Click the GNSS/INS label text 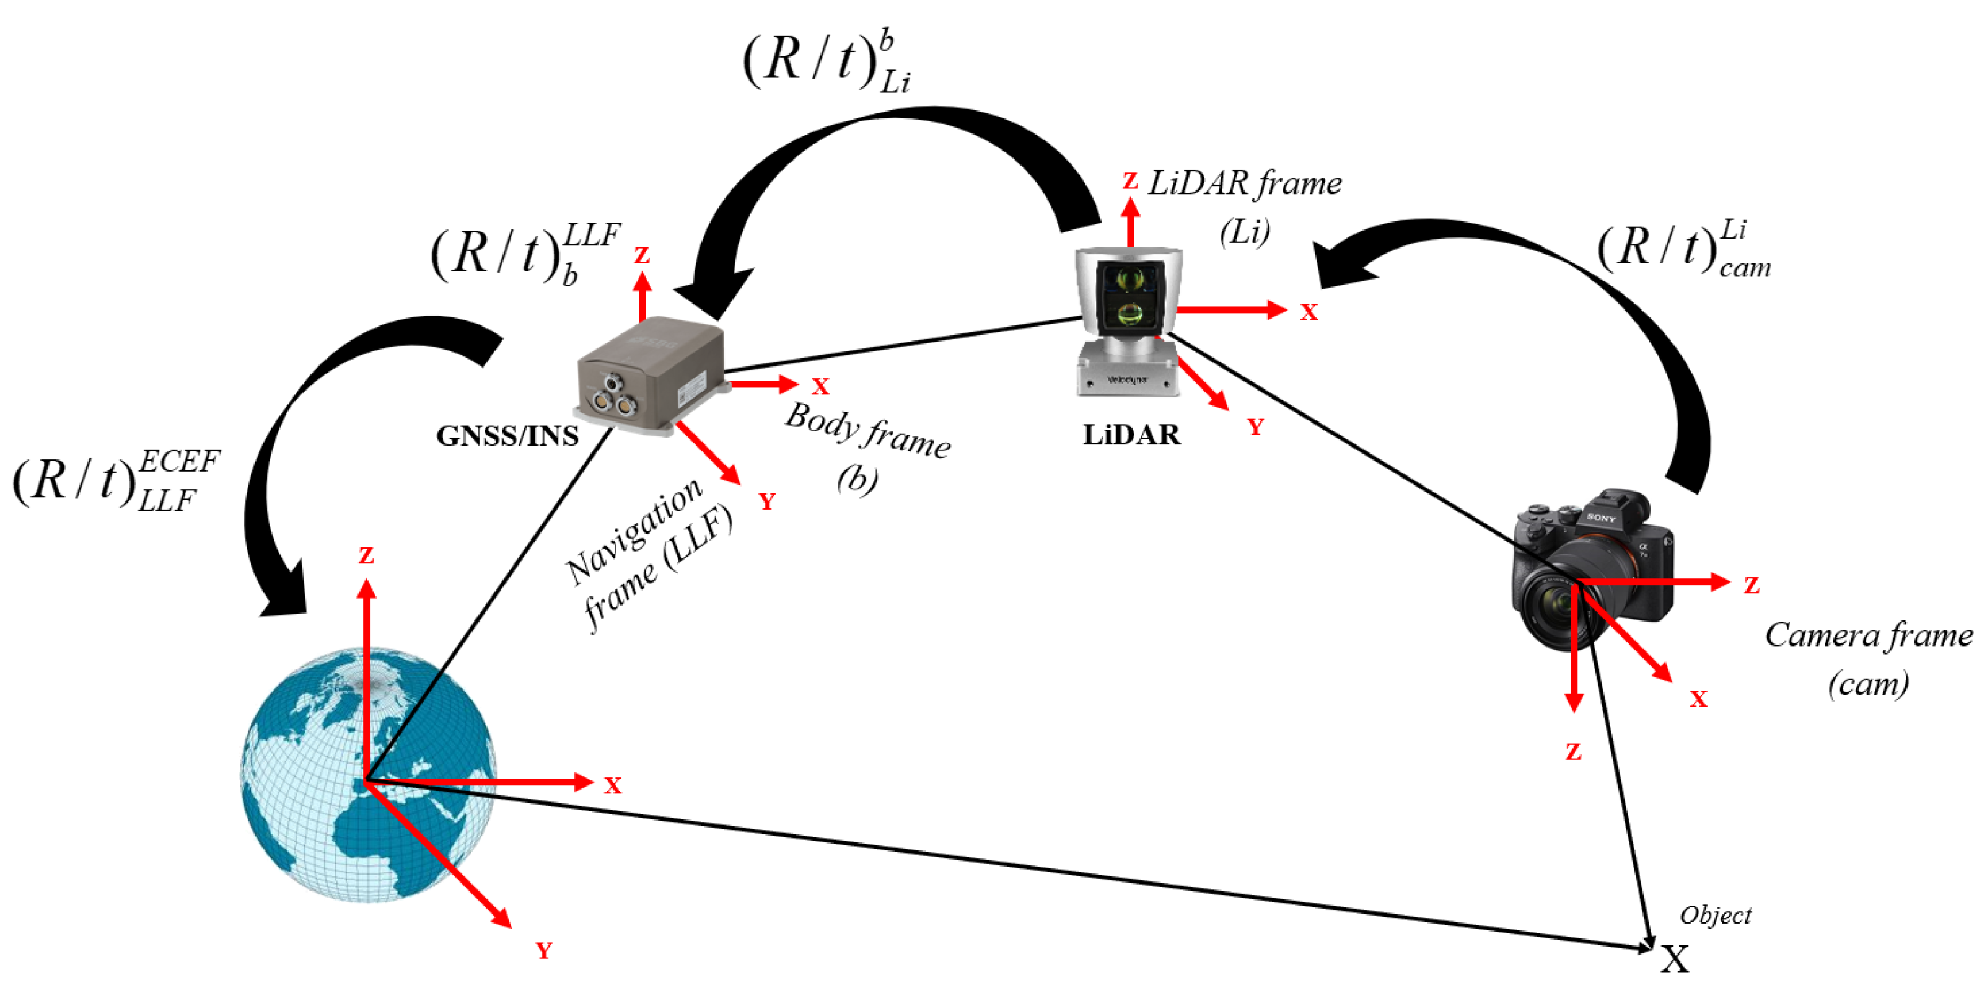point(507,436)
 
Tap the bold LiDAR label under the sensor point(1131,436)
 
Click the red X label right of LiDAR point(1309,312)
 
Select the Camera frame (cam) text point(1868,659)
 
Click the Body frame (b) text point(866,446)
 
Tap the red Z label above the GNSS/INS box point(642,255)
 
